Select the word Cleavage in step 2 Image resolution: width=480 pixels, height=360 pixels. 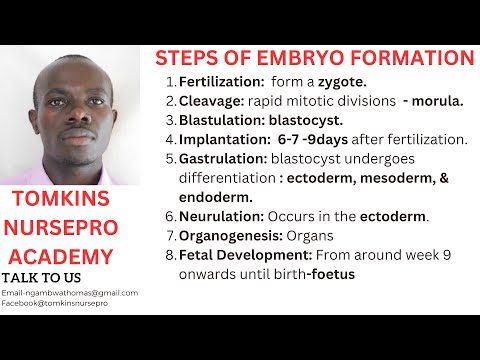[211, 100]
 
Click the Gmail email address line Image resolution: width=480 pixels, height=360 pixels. [70, 292]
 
